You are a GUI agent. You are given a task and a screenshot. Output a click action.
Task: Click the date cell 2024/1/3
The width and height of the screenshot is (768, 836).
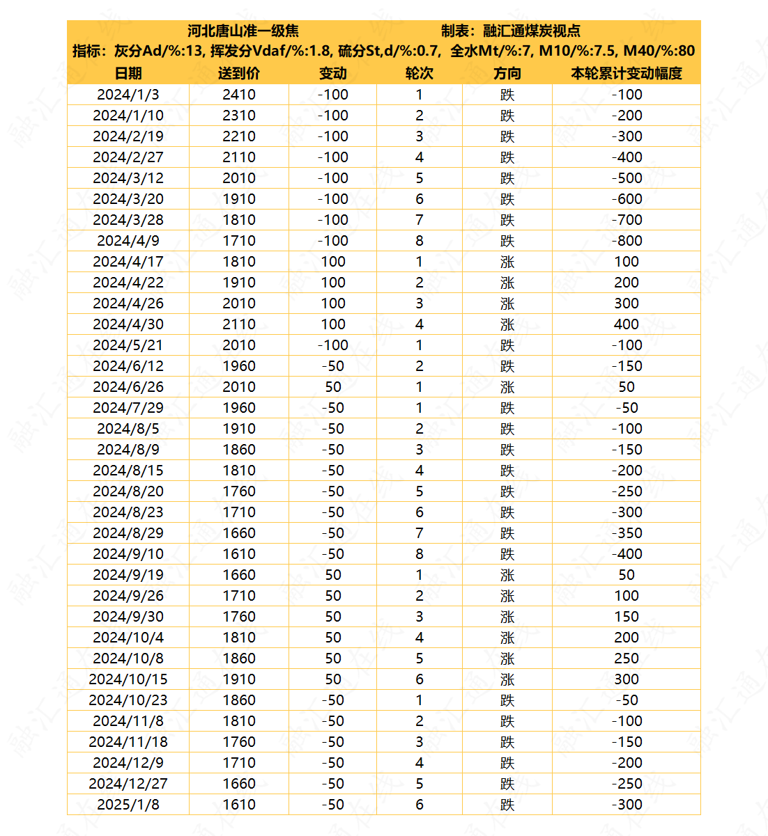[x=128, y=95]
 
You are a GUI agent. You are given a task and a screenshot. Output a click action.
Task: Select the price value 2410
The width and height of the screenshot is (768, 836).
[x=239, y=95]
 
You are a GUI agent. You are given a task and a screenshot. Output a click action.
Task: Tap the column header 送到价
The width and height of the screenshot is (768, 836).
[x=239, y=73]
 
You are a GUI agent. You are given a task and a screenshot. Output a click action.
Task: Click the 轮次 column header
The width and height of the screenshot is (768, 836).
[x=419, y=73]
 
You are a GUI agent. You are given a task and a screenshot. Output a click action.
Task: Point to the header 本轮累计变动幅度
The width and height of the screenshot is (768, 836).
[x=626, y=73]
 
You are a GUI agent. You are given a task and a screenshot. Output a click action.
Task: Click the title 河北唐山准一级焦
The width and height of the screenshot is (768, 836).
[x=243, y=31]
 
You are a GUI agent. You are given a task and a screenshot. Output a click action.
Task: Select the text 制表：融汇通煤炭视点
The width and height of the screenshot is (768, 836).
[x=511, y=31]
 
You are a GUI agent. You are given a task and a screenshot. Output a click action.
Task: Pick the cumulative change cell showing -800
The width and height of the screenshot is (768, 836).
[x=627, y=241]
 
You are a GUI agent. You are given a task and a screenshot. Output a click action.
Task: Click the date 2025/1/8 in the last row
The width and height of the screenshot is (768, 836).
[x=128, y=805]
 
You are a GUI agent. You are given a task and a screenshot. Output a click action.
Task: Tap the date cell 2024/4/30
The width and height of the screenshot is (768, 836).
[x=128, y=324]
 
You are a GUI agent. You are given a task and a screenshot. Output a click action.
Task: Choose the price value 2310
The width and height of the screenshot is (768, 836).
[x=239, y=116]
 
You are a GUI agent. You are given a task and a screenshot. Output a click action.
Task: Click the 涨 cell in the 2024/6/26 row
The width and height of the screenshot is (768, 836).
[x=507, y=387]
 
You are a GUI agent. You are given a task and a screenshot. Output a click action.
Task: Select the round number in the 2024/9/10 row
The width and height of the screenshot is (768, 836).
[x=419, y=554]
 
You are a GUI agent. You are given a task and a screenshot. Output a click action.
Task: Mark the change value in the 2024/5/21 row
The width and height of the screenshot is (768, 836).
[x=332, y=345]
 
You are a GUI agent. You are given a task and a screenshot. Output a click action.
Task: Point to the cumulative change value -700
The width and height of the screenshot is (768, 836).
[x=627, y=220]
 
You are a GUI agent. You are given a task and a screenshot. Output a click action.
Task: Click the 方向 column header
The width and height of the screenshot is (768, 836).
[x=507, y=73]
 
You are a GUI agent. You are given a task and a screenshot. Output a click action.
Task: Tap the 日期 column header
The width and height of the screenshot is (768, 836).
[x=128, y=73]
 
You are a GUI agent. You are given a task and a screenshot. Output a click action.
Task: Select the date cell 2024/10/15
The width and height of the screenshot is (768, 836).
[x=128, y=679]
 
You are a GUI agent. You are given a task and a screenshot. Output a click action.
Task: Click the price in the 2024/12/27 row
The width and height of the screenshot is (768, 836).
[x=239, y=784]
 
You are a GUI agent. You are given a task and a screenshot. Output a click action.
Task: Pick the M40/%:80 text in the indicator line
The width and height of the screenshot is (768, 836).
[x=659, y=51]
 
